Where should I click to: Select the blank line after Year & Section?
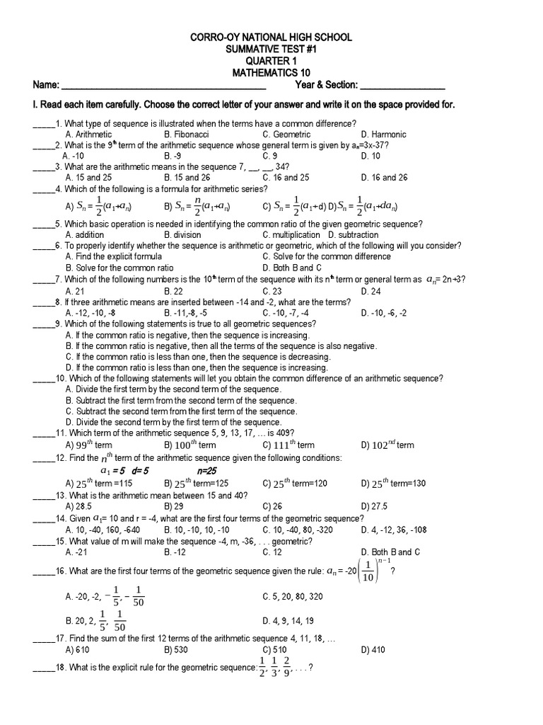(x=402, y=86)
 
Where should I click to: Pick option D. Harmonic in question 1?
(x=383, y=134)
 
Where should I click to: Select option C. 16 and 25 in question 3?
(x=286, y=178)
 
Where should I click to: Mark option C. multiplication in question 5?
(x=291, y=234)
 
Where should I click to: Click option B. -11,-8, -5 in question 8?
(x=187, y=312)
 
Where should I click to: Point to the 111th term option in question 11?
(x=288, y=445)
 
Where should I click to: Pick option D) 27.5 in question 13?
(x=374, y=506)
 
